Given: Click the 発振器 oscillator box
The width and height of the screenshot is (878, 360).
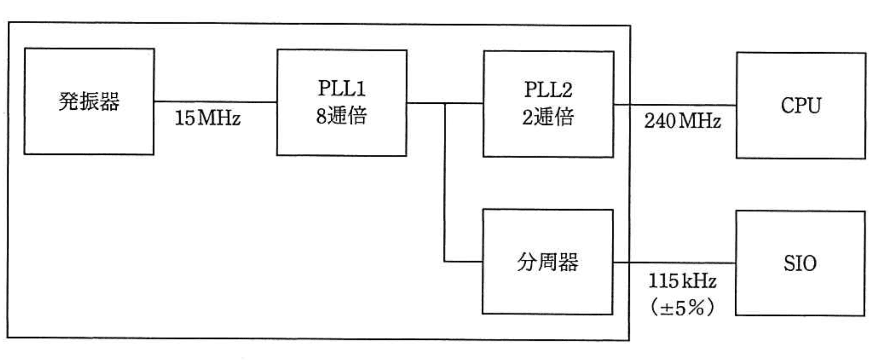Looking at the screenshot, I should pyautogui.click(x=89, y=101).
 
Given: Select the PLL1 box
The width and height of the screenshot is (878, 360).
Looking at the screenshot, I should pyautogui.click(x=341, y=103).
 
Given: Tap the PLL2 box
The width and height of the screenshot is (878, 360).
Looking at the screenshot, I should pyautogui.click(x=548, y=104).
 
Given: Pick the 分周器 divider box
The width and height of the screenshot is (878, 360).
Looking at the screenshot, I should pyautogui.click(x=547, y=262).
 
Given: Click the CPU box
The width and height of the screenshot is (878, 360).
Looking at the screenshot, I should pyautogui.click(x=800, y=106).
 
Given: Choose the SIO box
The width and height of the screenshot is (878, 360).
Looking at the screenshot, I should pyautogui.click(x=800, y=263).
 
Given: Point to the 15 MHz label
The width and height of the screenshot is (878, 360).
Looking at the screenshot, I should pyautogui.click(x=207, y=118).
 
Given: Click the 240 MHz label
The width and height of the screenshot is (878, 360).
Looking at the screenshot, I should pyautogui.click(x=682, y=121).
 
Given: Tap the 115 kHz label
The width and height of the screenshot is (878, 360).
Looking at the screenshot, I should pyautogui.click(x=682, y=281).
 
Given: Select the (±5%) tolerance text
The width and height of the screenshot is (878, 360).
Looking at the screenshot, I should pyautogui.click(x=682, y=307).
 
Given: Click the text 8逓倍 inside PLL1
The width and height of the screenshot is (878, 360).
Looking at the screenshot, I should pyautogui.click(x=341, y=116).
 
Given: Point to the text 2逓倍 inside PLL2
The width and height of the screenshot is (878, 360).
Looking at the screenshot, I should pyautogui.click(x=548, y=117).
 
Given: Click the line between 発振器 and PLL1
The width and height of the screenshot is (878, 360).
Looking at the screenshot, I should pyautogui.click(x=215, y=102).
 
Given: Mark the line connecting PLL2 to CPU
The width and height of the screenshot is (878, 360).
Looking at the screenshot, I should pyautogui.click(x=675, y=105).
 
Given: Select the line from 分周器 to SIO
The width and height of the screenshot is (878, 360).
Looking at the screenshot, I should pyautogui.click(x=674, y=262).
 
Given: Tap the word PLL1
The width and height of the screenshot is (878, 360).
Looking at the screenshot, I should pyautogui.click(x=341, y=89).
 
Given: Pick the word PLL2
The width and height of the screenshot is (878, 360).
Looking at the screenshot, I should pyautogui.click(x=548, y=90).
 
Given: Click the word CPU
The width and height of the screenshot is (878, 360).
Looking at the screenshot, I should pyautogui.click(x=800, y=106).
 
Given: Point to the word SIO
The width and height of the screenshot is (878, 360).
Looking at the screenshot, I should pyautogui.click(x=800, y=263).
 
